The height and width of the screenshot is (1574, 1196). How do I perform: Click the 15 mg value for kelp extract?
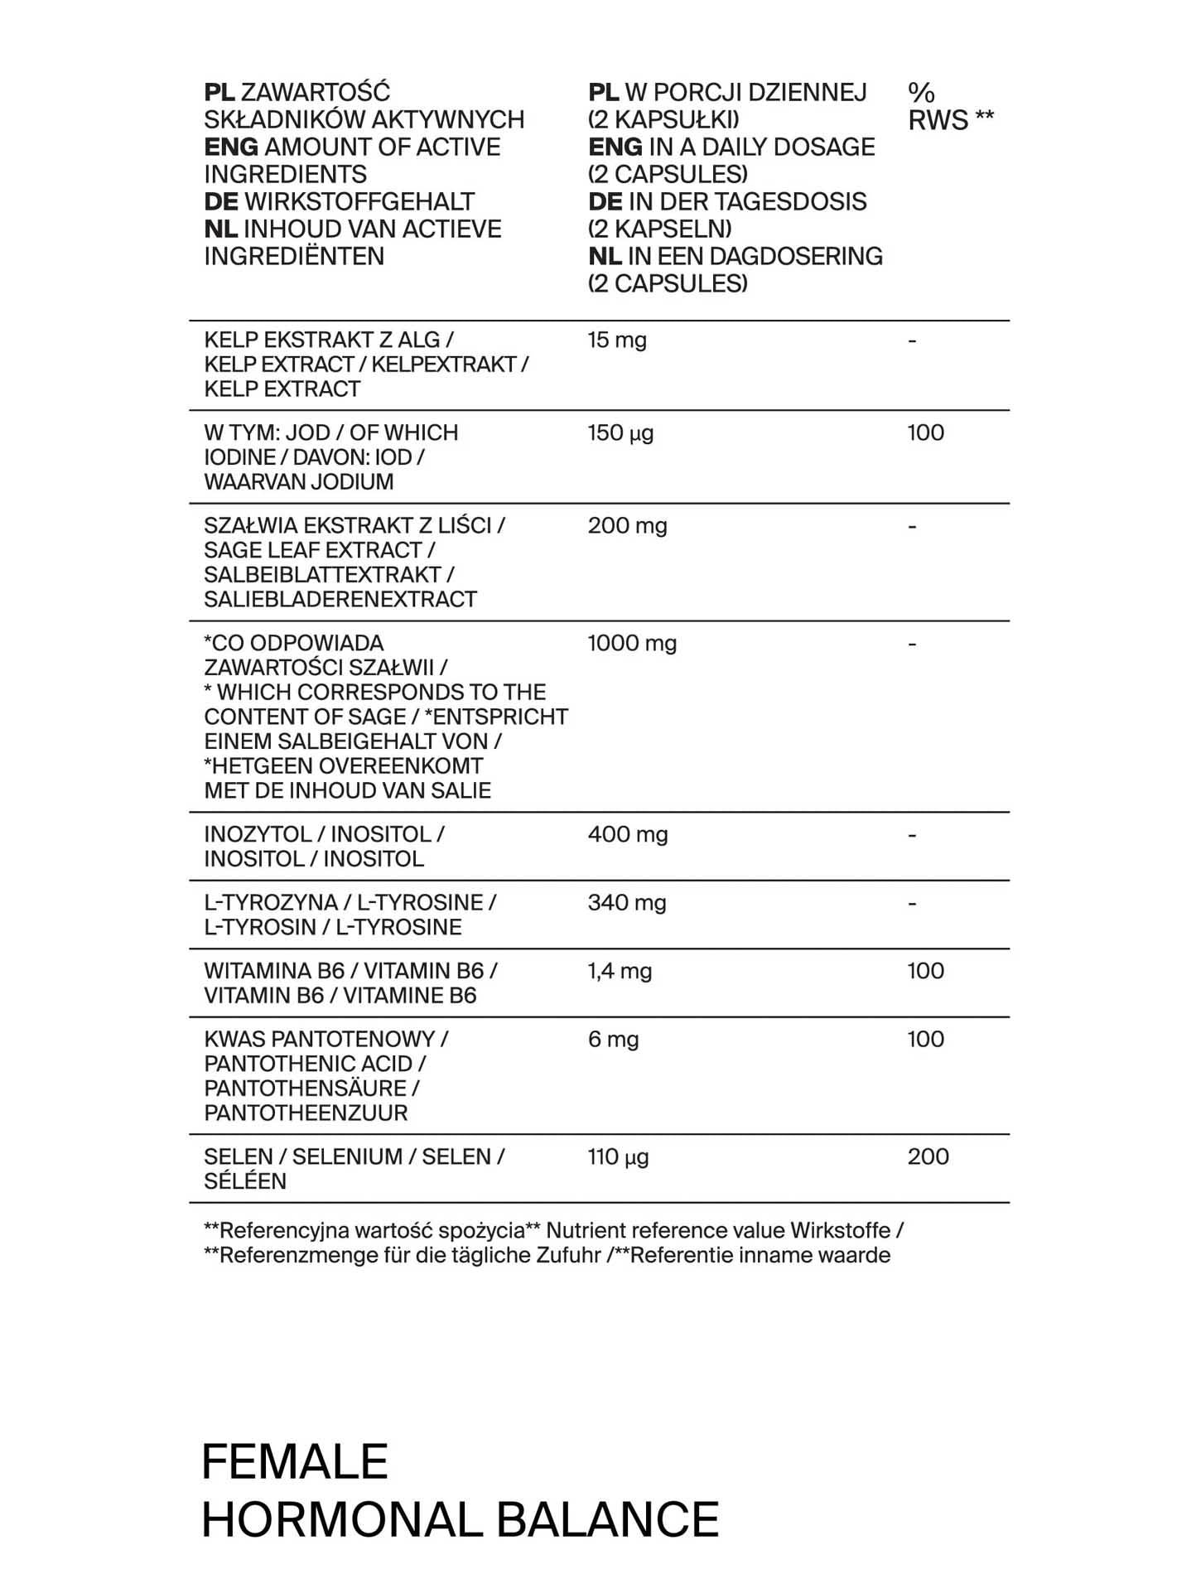[x=617, y=340]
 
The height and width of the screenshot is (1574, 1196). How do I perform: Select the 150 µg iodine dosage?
[x=620, y=433]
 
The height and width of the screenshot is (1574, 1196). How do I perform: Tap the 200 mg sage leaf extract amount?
[x=627, y=526]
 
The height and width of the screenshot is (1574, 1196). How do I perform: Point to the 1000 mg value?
[x=632, y=644]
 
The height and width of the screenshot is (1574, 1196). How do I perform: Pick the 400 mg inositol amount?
[x=628, y=835]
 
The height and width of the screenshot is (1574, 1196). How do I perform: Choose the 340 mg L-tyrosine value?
[x=627, y=903]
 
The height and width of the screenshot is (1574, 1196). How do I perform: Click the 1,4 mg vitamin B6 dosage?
[x=620, y=971]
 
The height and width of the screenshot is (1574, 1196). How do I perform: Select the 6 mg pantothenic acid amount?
[x=613, y=1040]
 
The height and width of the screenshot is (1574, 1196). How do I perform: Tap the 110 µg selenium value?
[x=618, y=1157]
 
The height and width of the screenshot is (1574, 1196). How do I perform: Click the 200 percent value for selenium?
[x=928, y=1157]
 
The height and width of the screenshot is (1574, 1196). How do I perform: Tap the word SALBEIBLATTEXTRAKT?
[x=322, y=575]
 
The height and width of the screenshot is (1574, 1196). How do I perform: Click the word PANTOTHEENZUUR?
[x=306, y=1113]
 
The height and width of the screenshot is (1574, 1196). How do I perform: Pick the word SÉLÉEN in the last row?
[x=245, y=1181]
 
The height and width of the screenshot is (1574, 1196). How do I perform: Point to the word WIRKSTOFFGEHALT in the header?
[x=359, y=202]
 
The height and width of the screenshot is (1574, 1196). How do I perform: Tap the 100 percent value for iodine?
[x=925, y=433]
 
